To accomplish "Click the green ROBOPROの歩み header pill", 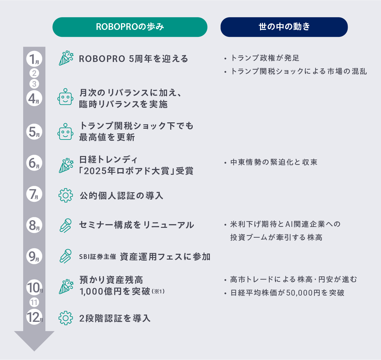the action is tap(130, 27).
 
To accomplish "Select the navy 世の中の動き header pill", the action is tap(284, 27).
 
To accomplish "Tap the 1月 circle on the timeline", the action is tap(34, 59).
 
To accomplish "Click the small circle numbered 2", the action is tap(34, 73).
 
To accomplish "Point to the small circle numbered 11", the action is tap(34, 302).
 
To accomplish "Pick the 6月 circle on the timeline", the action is tap(34, 163).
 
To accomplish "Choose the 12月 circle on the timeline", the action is tap(34, 317).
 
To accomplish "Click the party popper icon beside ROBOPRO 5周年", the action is tap(66, 58).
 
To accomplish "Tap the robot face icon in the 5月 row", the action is tap(65, 132).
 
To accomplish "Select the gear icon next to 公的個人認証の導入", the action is tap(65, 195).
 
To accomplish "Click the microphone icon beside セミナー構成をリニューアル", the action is tap(65, 225).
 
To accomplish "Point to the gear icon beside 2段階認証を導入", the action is tap(65, 318).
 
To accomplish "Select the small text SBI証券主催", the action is tap(97, 257).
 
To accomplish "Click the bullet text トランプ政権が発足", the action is tap(265, 58).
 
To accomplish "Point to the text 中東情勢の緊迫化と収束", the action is tap(274, 162).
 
